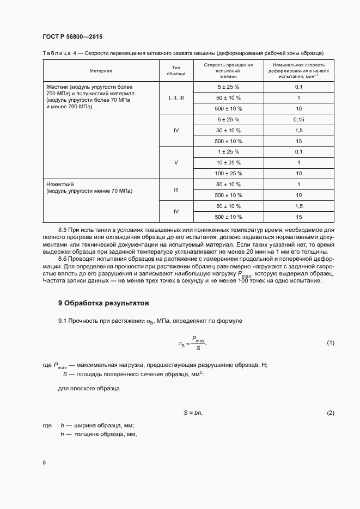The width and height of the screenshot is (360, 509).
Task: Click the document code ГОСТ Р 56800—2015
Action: (x=72, y=36)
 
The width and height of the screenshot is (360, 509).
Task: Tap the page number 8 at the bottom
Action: (x=44, y=462)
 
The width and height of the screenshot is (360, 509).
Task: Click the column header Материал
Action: (x=101, y=71)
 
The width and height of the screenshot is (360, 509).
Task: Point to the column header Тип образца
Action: (x=176, y=71)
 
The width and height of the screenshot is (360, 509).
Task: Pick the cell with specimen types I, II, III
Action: (x=176, y=97)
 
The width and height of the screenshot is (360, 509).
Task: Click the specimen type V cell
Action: (x=176, y=162)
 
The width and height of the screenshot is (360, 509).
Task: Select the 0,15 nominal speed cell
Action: (x=298, y=119)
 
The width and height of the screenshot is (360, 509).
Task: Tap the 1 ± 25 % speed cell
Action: (x=228, y=151)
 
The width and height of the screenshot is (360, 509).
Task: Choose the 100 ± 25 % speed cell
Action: (x=228, y=173)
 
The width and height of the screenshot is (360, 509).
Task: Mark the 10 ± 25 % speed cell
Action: (x=228, y=162)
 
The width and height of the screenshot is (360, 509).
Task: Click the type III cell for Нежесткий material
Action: (x=176, y=190)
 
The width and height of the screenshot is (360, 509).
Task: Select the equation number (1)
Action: (x=330, y=342)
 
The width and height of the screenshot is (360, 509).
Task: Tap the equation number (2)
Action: (x=330, y=413)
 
